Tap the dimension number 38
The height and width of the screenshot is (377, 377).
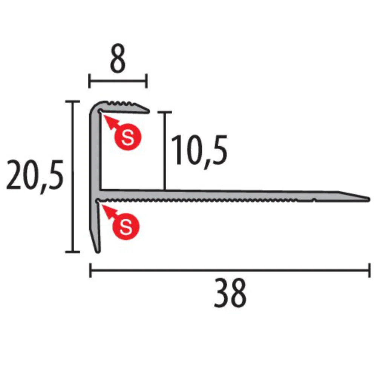[230, 293]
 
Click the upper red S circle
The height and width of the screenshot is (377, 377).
[128, 137]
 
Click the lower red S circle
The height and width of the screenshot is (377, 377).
[126, 227]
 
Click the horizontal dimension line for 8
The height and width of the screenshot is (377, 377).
[118, 81]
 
